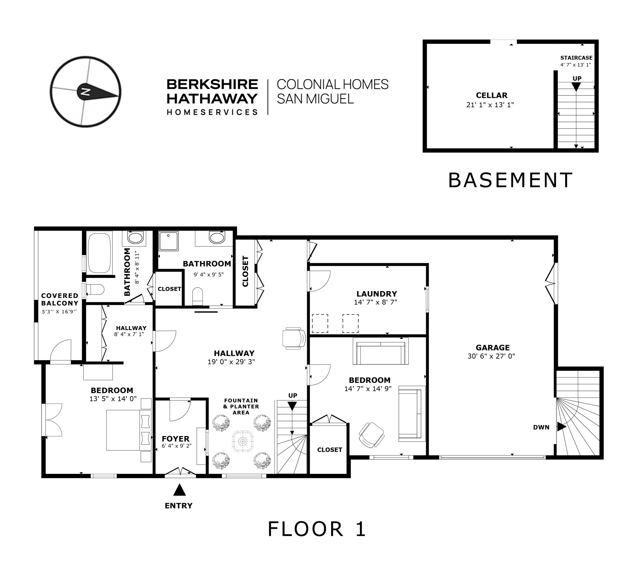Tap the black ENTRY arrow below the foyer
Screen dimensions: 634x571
180,489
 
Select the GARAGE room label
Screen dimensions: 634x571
493,348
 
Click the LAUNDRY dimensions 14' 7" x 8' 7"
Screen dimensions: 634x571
375,302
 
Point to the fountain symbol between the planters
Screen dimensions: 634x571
242,441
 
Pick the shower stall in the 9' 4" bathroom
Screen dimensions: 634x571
169,241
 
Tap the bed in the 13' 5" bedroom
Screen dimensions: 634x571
129,430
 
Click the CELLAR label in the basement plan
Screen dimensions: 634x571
491,95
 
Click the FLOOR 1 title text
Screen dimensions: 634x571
317,529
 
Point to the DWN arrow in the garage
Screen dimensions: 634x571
561,427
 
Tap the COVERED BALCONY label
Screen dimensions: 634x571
59,299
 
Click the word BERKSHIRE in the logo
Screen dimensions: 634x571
212,84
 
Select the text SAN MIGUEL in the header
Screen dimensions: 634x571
315,99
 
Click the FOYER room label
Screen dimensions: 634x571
176,439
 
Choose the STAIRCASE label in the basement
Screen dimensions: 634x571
576,58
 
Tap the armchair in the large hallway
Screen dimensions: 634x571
294,338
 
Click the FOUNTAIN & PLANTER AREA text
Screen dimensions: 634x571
241,406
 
